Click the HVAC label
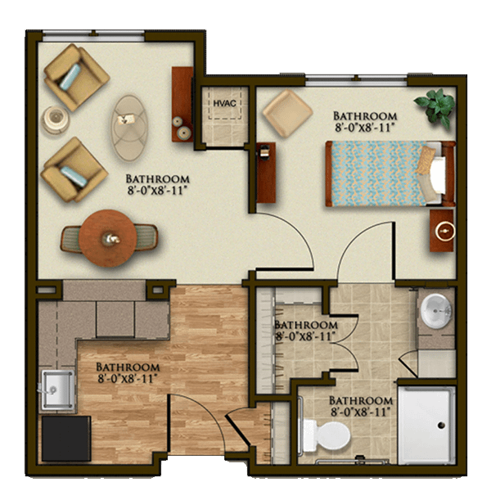coord(224,103)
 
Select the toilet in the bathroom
coord(327,436)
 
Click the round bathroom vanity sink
coord(436,311)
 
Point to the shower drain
coord(441,426)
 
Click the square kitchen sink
coord(57,390)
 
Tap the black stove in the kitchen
coord(66,439)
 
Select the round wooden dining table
coord(107,238)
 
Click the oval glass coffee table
coord(129,128)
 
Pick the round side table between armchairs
coord(56,119)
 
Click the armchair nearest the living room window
coord(76,77)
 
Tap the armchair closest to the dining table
coord(74,169)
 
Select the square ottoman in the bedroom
coord(287,114)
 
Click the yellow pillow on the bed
coord(426,160)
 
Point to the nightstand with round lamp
coord(442,231)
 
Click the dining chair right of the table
coord(146,237)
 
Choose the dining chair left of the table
coord(70,239)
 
